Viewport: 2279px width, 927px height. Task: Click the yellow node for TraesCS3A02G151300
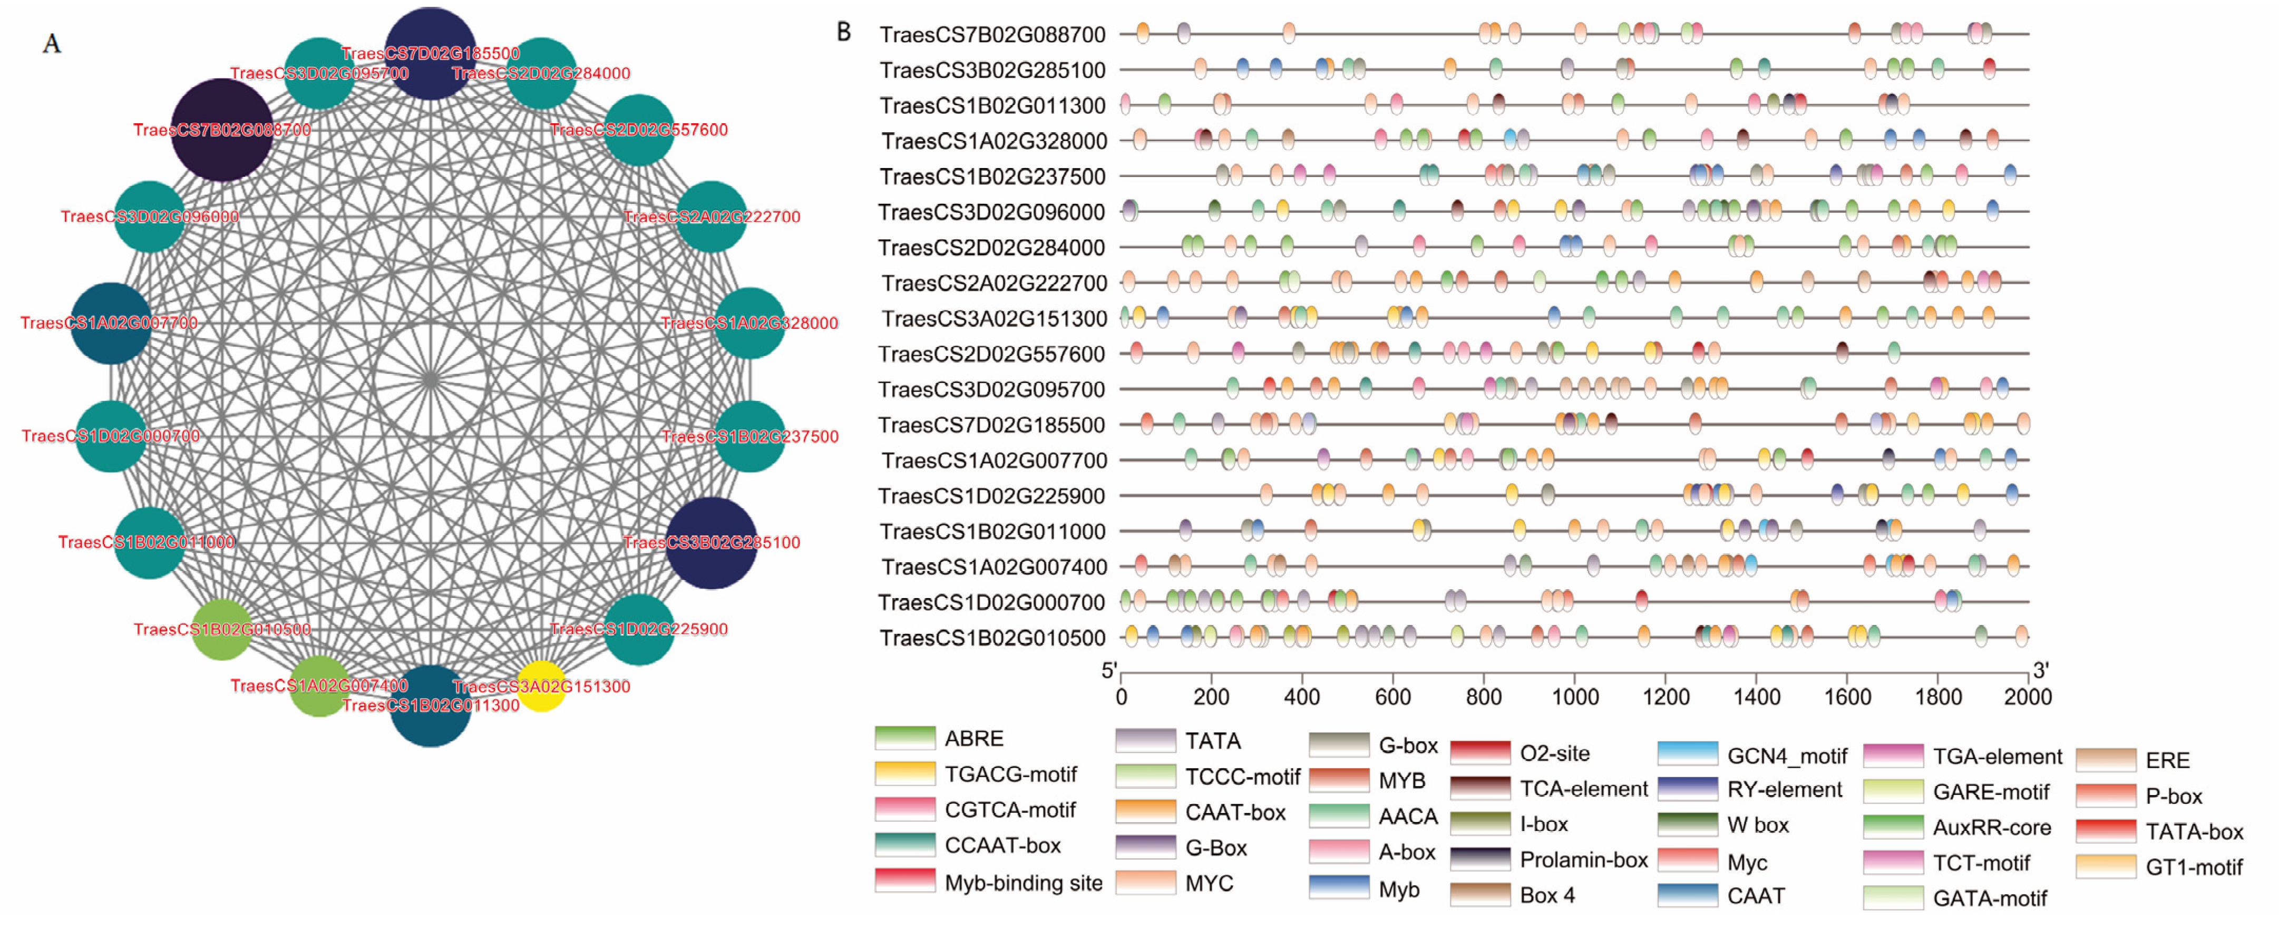click(x=541, y=686)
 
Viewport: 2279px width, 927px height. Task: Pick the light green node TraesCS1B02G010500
click(x=221, y=629)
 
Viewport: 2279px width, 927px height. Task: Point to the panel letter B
click(x=844, y=32)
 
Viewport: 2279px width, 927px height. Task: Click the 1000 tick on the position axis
click(x=1575, y=697)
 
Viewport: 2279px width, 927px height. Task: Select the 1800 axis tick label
click(x=1937, y=697)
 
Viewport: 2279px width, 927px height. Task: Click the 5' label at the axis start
click(x=1108, y=670)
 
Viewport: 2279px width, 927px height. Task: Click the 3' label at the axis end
click(x=2040, y=670)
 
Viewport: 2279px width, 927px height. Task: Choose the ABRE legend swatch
click(x=904, y=738)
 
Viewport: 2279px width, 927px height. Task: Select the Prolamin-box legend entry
click(x=1583, y=859)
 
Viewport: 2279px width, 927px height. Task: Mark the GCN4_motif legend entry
click(x=1786, y=755)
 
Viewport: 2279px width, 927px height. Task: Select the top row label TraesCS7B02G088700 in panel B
click(x=992, y=34)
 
